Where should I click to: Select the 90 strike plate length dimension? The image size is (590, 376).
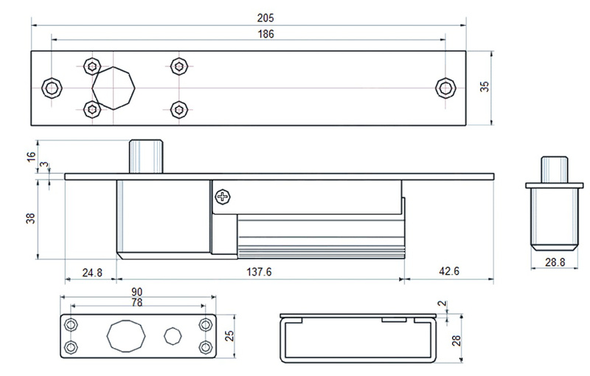[x=137, y=293]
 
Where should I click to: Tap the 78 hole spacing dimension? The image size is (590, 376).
[x=137, y=303]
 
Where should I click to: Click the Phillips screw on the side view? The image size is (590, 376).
[x=222, y=196]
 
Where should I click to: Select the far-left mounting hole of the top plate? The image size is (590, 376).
[x=51, y=88]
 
